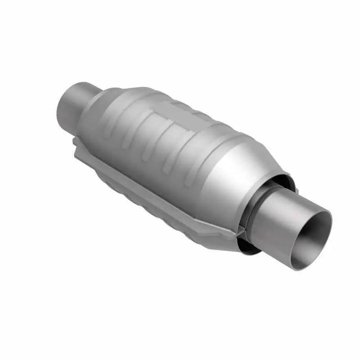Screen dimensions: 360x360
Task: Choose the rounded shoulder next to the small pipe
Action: pos(97,103)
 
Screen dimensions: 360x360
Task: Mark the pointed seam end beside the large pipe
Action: pos(241,234)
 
